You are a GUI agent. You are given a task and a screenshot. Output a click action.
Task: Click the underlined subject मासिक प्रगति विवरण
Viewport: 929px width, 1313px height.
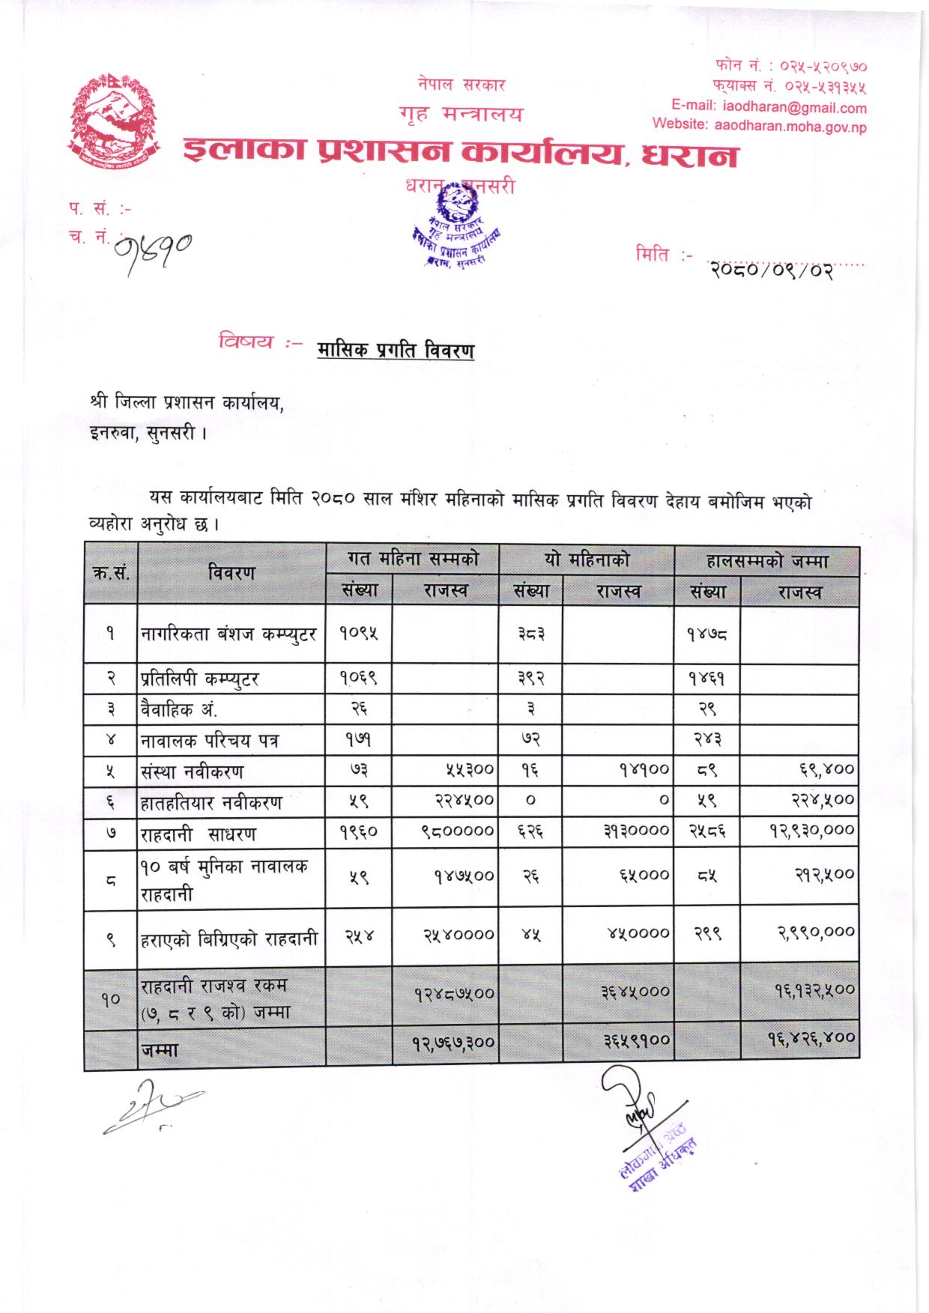click(x=395, y=349)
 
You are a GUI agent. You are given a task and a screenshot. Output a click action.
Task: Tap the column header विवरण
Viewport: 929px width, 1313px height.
click(x=232, y=573)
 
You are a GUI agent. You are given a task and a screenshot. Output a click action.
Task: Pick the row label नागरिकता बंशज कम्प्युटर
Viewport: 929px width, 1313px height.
click(x=229, y=634)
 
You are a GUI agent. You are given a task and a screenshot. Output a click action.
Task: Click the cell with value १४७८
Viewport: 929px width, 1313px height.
click(x=707, y=634)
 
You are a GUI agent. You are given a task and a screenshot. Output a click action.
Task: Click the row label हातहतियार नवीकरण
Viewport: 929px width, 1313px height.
click(x=212, y=802)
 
